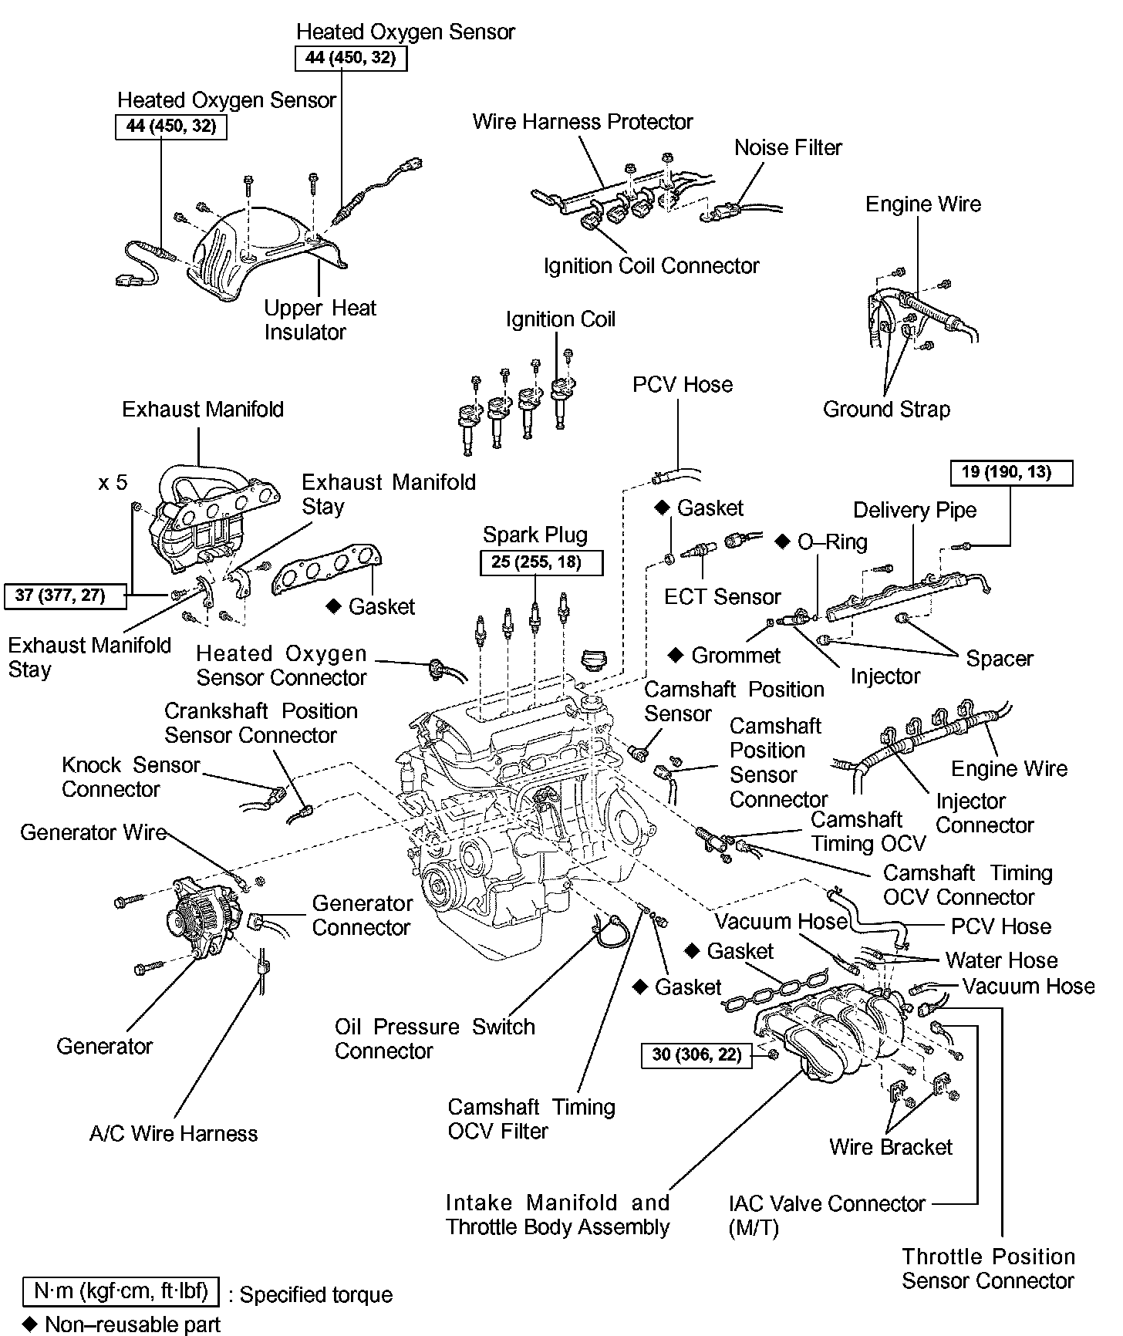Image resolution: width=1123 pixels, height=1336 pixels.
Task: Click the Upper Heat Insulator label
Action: click(x=319, y=320)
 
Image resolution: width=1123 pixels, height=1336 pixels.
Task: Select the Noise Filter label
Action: click(x=787, y=147)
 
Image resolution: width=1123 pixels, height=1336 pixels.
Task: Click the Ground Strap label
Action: click(x=886, y=409)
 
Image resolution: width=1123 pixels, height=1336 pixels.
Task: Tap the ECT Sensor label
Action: click(x=722, y=596)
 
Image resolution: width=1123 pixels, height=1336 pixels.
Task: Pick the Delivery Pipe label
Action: click(x=914, y=510)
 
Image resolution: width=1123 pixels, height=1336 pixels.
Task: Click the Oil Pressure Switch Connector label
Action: click(x=434, y=1038)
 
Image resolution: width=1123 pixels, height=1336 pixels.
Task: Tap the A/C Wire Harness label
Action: click(x=173, y=1133)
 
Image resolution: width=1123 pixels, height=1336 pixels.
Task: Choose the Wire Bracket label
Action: click(x=890, y=1147)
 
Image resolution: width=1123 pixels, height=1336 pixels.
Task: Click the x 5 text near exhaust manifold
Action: click(x=113, y=483)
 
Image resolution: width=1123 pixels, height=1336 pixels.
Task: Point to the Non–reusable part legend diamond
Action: click(x=30, y=1324)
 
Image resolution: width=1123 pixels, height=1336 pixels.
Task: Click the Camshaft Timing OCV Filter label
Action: click(x=531, y=1118)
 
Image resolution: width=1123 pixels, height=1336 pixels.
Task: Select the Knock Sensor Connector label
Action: click(x=130, y=777)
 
